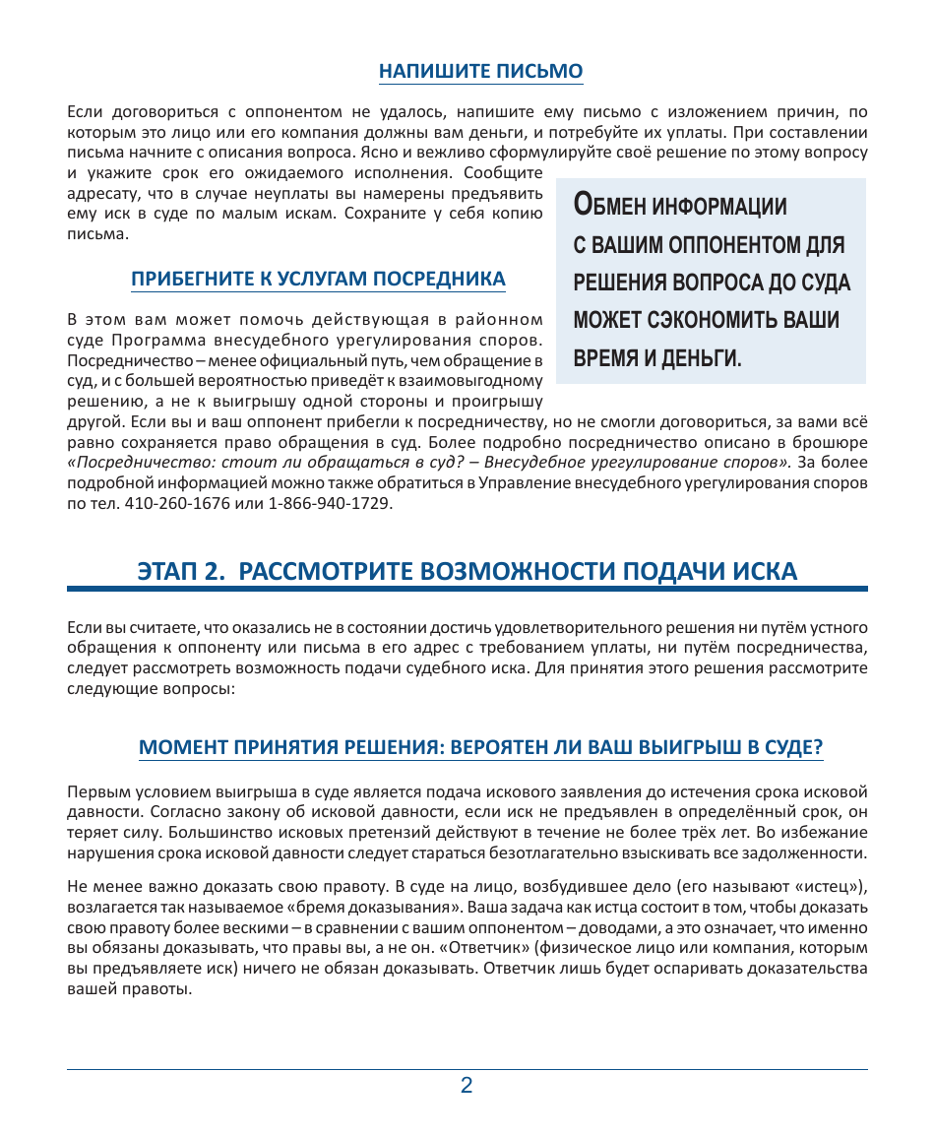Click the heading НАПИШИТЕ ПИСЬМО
[480, 71]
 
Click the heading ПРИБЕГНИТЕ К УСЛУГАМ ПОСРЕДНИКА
[318, 279]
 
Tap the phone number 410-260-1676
[175, 503]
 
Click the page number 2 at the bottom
[467, 1086]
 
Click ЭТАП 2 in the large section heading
[182, 572]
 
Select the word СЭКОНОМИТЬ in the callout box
[713, 320]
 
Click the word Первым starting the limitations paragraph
[94, 790]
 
